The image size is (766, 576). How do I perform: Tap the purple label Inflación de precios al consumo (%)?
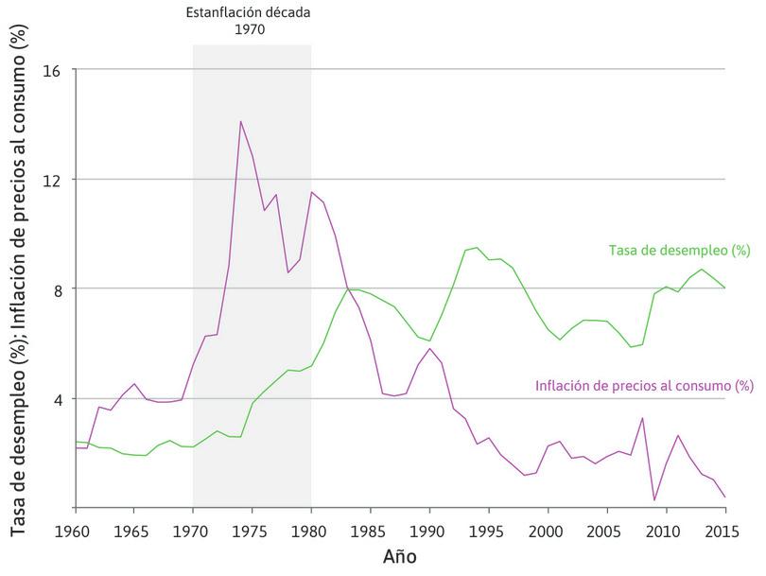tap(644, 386)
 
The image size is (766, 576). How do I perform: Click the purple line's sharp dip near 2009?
tap(654, 499)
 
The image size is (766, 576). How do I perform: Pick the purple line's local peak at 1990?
tap(430, 348)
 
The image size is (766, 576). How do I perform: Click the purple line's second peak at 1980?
tap(311, 192)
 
